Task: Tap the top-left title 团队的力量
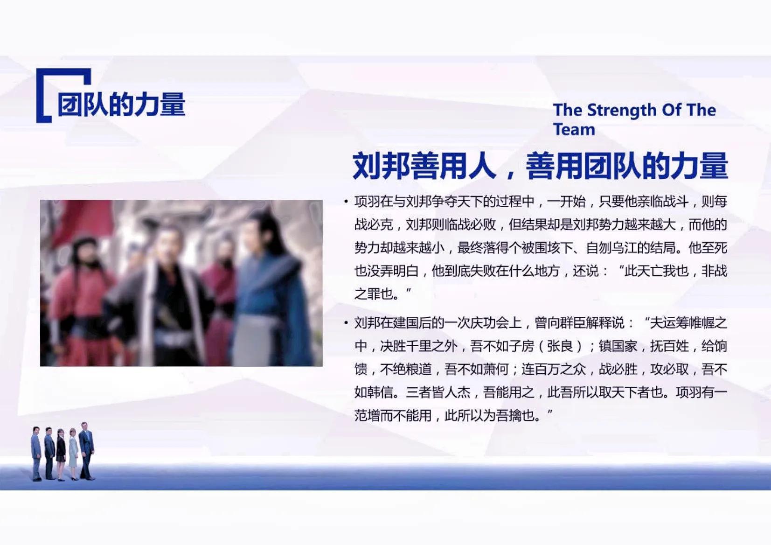[x=121, y=104]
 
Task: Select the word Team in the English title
[x=574, y=129]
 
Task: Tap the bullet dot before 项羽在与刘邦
[x=346, y=202]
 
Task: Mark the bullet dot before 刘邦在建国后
[x=346, y=323]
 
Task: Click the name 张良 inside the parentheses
[x=560, y=346]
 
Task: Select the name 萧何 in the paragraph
[x=495, y=369]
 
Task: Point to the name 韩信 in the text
[x=380, y=392]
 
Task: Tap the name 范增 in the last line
[x=367, y=415]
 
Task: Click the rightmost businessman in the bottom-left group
[x=86, y=450]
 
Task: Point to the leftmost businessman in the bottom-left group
[x=36, y=453]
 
